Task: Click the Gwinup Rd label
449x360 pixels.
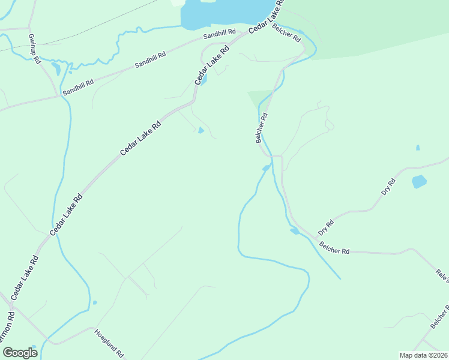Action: pos(34,47)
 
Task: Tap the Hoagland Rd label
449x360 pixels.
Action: pos(109,343)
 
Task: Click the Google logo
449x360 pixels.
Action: pos(20,353)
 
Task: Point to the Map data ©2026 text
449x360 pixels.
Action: pos(423,355)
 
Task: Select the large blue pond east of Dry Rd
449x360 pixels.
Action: pos(419,181)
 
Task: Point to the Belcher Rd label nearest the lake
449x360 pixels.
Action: pos(286,32)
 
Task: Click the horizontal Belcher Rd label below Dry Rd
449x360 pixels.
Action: pos(334,247)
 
